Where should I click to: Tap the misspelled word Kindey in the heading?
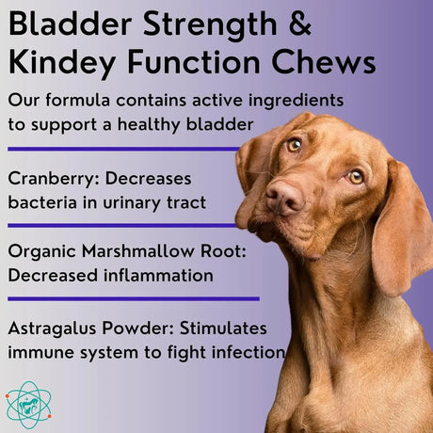64,63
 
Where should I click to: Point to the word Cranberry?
53,178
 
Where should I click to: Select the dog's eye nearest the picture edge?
356,176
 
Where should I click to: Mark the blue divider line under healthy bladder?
122,148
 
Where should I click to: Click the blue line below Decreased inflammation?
132,297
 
